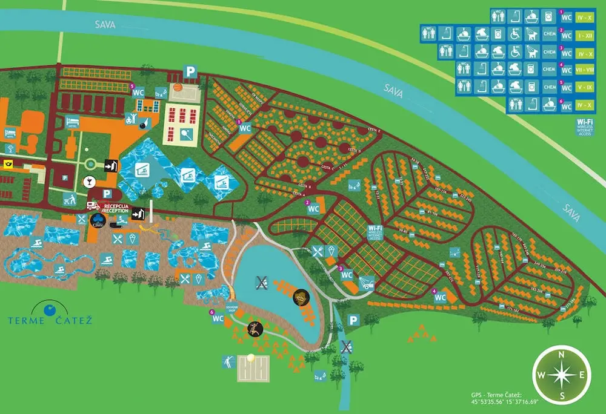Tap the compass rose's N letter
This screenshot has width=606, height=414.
pos(562,355)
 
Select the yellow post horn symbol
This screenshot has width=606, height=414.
pos(8,163)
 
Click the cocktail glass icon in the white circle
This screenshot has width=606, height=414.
pos(89,181)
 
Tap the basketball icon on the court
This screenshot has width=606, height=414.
pos(178,87)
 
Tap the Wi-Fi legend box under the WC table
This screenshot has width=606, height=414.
pos(585,127)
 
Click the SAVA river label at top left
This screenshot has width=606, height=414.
pos(104,24)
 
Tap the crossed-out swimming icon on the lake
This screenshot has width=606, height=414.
pos(262,280)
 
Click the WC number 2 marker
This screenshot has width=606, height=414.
pos(313,208)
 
